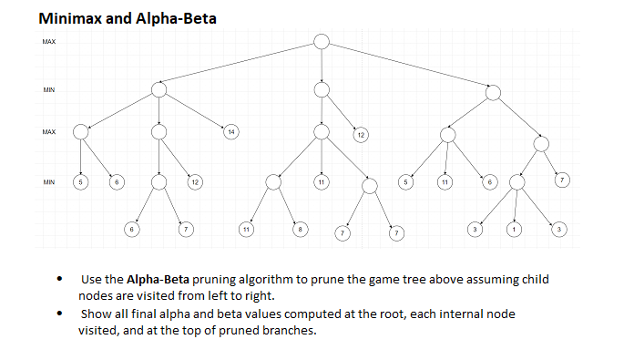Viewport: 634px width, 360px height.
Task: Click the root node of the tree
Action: coord(322,41)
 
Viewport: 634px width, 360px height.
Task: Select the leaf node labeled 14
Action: coord(231,133)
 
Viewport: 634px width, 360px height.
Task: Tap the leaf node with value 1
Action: coord(516,228)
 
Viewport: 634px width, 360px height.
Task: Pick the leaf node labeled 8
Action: coord(299,228)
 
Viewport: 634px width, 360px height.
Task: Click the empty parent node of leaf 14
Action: coord(159,89)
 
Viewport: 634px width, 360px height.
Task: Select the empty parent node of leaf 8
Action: coord(274,181)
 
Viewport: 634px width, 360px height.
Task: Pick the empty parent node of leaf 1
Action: coord(516,181)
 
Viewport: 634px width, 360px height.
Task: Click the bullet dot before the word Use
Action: coord(59,280)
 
